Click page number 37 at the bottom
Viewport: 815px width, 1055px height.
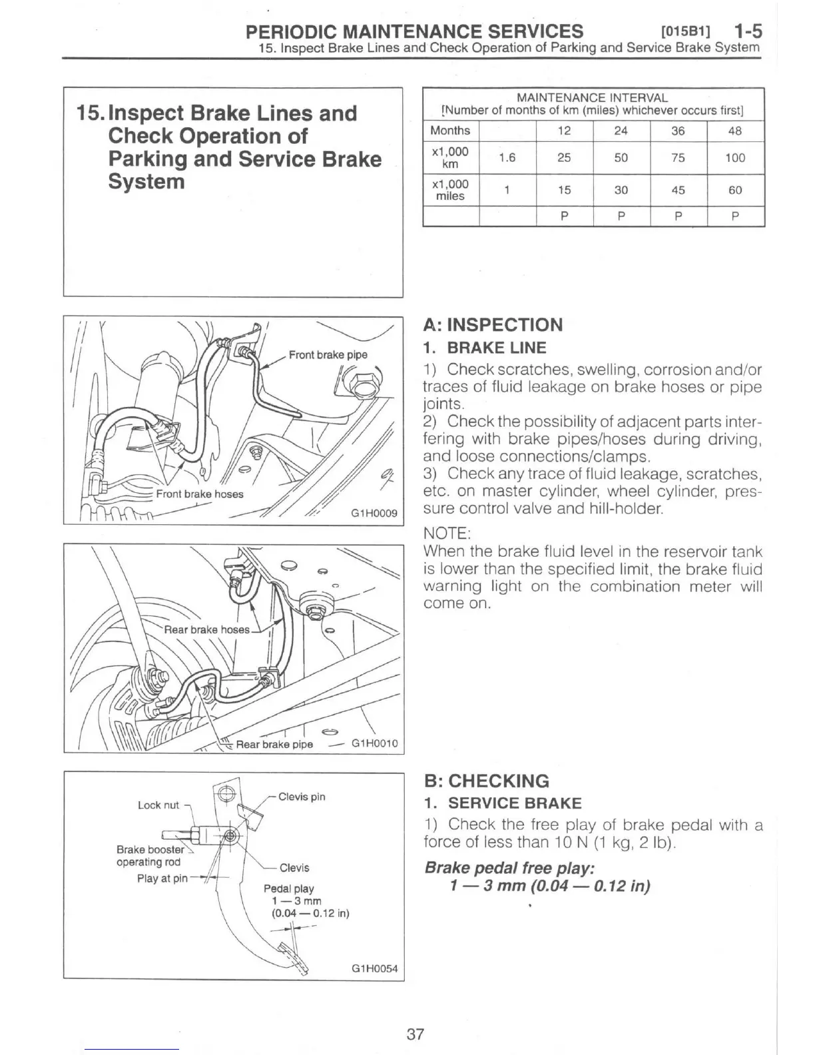click(x=415, y=1034)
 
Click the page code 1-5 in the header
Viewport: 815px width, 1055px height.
click(x=747, y=31)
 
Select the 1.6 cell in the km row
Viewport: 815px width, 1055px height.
click(x=507, y=158)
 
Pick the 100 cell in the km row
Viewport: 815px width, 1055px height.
click(x=735, y=158)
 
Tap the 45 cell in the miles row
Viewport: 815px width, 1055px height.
click(x=678, y=190)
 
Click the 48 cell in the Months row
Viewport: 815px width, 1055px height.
click(x=735, y=131)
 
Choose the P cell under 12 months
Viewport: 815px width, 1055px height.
click(x=564, y=216)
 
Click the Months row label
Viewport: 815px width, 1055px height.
click(x=450, y=131)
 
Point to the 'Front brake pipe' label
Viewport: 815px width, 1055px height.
click(x=328, y=354)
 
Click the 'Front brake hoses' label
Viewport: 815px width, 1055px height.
click(x=200, y=494)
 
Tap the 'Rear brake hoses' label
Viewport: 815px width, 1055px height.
click(x=206, y=629)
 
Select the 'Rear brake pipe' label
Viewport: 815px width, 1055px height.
click(x=274, y=744)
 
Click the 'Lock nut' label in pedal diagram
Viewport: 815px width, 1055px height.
click(x=158, y=805)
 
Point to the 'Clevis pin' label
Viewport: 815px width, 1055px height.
click(x=302, y=797)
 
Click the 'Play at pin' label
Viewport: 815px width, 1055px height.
click(x=162, y=879)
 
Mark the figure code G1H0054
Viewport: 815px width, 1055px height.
click(x=374, y=968)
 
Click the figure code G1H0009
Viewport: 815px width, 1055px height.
click(x=374, y=513)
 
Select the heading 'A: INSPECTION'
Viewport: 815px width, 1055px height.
click(x=493, y=325)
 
